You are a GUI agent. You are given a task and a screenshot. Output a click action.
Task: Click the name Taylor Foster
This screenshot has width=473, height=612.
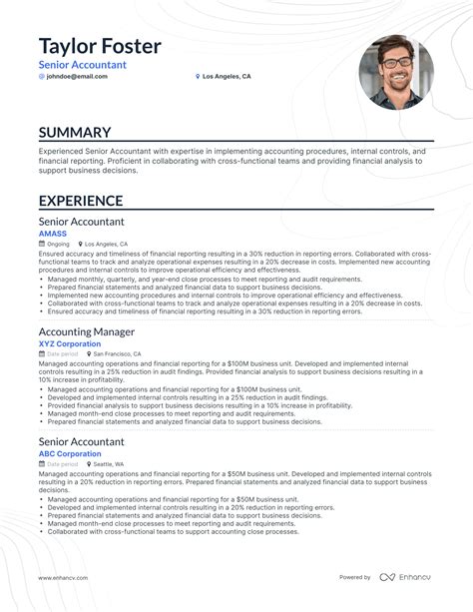point(100,46)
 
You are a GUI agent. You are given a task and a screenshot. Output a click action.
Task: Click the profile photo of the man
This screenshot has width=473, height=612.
point(396,73)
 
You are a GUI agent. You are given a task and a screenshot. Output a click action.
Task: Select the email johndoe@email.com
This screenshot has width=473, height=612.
point(76,76)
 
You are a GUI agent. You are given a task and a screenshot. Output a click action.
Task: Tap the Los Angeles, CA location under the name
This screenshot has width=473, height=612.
point(226,76)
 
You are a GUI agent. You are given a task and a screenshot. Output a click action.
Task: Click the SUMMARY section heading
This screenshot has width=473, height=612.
point(75,133)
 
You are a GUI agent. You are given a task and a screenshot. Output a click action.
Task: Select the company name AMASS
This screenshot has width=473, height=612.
point(53,233)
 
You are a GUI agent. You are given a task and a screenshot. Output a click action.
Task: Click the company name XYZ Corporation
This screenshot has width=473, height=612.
point(70,343)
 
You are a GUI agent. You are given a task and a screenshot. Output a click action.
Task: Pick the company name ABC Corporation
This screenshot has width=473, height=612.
point(70,454)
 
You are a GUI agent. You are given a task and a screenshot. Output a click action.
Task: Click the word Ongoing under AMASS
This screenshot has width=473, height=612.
point(59,244)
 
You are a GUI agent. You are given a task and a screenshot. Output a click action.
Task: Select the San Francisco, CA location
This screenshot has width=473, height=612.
point(118,353)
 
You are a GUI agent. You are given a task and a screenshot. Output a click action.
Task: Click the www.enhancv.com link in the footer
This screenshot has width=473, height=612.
point(66,577)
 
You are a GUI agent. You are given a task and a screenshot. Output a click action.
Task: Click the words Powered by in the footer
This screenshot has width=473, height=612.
point(355,577)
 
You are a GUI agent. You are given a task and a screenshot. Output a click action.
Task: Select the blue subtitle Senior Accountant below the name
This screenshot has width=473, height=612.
point(83,65)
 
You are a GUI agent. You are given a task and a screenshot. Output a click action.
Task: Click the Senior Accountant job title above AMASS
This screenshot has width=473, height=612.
point(82,221)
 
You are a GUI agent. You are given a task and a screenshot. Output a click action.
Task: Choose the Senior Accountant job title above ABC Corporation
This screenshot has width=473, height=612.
point(82,440)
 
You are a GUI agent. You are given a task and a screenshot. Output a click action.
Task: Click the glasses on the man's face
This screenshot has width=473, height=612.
point(395,61)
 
